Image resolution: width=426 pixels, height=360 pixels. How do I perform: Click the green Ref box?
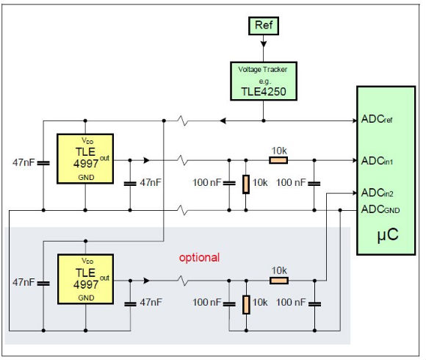(264, 26)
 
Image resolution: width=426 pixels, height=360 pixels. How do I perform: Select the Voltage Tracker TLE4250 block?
(264, 82)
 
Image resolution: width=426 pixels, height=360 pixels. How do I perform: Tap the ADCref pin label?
(377, 119)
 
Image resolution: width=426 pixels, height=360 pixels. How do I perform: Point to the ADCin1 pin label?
(377, 161)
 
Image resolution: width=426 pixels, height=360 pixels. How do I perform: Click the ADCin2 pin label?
(378, 193)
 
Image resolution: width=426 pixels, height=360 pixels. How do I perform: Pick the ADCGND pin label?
(380, 209)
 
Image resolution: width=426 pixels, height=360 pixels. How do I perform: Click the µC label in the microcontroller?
(388, 234)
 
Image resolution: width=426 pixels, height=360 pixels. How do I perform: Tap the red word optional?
(199, 258)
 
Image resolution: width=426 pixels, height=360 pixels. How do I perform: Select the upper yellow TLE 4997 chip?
(85, 159)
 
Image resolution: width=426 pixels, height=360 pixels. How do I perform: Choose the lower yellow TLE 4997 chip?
(86, 279)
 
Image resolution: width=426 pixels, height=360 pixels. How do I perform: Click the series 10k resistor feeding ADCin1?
(278, 160)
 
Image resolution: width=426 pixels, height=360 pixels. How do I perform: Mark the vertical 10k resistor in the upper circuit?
(246, 184)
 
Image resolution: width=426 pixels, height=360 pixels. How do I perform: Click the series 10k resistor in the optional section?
(279, 281)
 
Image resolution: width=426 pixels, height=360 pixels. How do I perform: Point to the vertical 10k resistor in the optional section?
(246, 305)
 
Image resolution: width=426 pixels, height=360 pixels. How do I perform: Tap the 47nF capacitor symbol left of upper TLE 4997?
(43, 163)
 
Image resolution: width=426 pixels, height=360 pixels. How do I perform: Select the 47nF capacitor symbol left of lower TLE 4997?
(43, 284)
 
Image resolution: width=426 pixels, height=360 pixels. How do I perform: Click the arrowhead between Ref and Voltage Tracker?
(264, 44)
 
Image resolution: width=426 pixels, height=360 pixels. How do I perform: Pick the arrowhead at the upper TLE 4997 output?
(146, 160)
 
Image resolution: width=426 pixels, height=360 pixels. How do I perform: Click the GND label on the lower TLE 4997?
(86, 298)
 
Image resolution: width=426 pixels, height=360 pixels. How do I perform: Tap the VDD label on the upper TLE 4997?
(87, 141)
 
